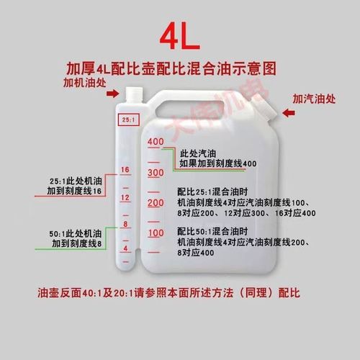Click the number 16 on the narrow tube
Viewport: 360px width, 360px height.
pos(125,170)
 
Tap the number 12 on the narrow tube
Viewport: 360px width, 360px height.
pos(125,197)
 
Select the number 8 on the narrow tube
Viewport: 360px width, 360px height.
pos(125,224)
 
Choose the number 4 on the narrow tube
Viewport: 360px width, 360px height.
pos(125,248)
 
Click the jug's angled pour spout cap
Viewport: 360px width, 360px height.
pos(265,108)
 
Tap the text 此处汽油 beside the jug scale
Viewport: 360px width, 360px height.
pos(199,153)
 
